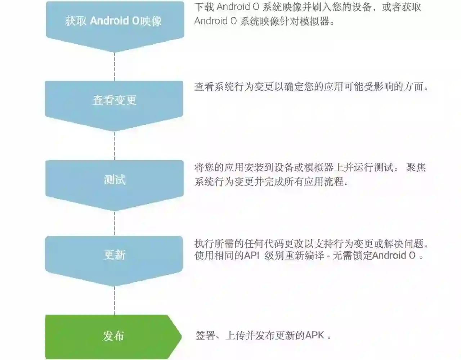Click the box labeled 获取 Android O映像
(115, 21)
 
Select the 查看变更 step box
(115, 100)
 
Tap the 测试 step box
(115, 179)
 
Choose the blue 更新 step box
(115, 255)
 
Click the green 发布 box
(113, 336)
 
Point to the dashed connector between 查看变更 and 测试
(115, 145)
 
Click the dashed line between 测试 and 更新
(115, 223)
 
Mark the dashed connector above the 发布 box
(115, 301)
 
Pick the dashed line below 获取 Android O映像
(115, 66)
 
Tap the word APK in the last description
(314, 336)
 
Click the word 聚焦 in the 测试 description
(416, 167)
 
